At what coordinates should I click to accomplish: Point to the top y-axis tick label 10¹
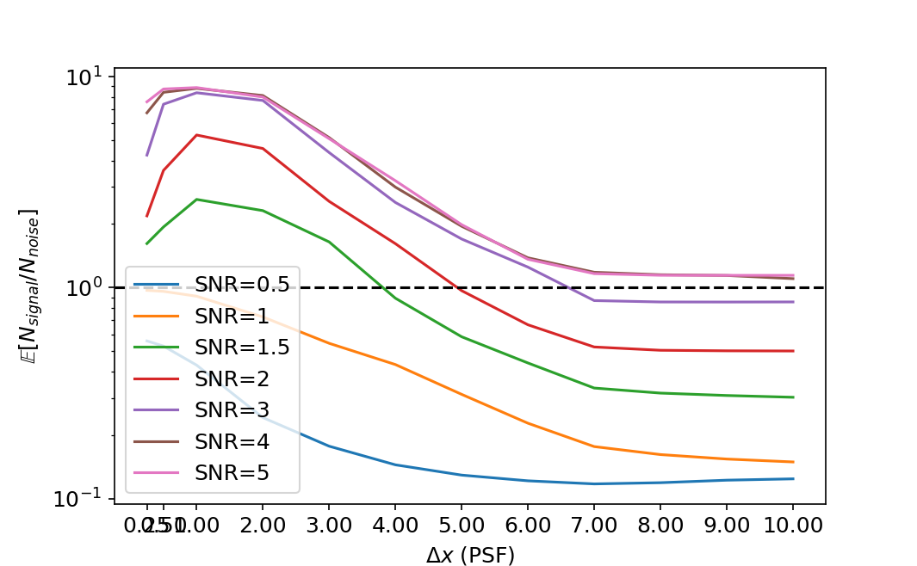84,77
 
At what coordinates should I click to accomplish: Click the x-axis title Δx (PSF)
470,555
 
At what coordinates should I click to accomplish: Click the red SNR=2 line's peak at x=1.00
196,135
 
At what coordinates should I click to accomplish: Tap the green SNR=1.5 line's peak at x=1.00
196,200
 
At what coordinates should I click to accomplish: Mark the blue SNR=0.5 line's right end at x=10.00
792,478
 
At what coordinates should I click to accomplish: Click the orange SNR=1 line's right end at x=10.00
792,462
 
